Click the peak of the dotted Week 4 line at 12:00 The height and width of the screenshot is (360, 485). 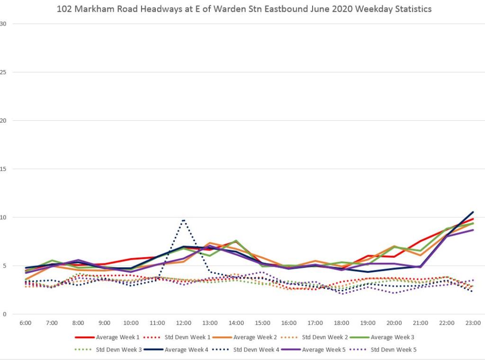coord(183,220)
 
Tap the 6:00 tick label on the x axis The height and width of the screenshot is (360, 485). coord(26,323)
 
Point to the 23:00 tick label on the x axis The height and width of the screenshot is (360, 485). coord(473,323)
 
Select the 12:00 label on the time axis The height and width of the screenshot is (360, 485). coord(183,323)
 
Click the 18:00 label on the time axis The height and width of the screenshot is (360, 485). coord(341,323)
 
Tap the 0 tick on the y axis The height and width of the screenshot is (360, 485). coord(3,314)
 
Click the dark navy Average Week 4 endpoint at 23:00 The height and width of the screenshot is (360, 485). coord(473,212)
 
